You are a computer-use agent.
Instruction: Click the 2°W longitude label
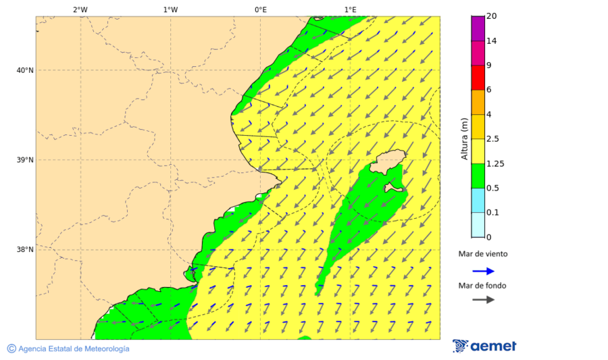tap(80, 9)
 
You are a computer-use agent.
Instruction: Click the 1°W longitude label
tap(170, 9)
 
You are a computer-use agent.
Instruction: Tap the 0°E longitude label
tap(260, 9)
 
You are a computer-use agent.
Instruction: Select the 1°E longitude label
tap(350, 9)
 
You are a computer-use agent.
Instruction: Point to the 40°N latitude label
tap(25, 70)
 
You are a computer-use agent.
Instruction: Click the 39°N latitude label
tap(25, 160)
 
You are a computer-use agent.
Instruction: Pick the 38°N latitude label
tap(25, 250)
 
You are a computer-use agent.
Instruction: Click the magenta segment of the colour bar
tap(478, 53)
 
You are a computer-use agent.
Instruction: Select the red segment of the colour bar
tap(478, 77)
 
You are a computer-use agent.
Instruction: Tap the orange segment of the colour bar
tap(478, 102)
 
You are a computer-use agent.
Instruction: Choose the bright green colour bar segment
tap(478, 176)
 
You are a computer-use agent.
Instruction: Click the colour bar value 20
tap(491, 16)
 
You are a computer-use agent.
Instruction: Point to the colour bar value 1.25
tap(496, 163)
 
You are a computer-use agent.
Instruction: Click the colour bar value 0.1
tap(492, 213)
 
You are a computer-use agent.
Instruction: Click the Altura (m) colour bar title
tap(464, 139)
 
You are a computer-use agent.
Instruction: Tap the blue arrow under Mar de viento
tap(483, 271)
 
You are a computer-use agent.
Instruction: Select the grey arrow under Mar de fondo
tap(483, 299)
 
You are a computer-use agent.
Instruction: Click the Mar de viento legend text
tap(483, 255)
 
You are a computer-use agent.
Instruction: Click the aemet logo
tap(484, 346)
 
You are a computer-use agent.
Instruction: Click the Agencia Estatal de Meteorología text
tap(73, 349)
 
